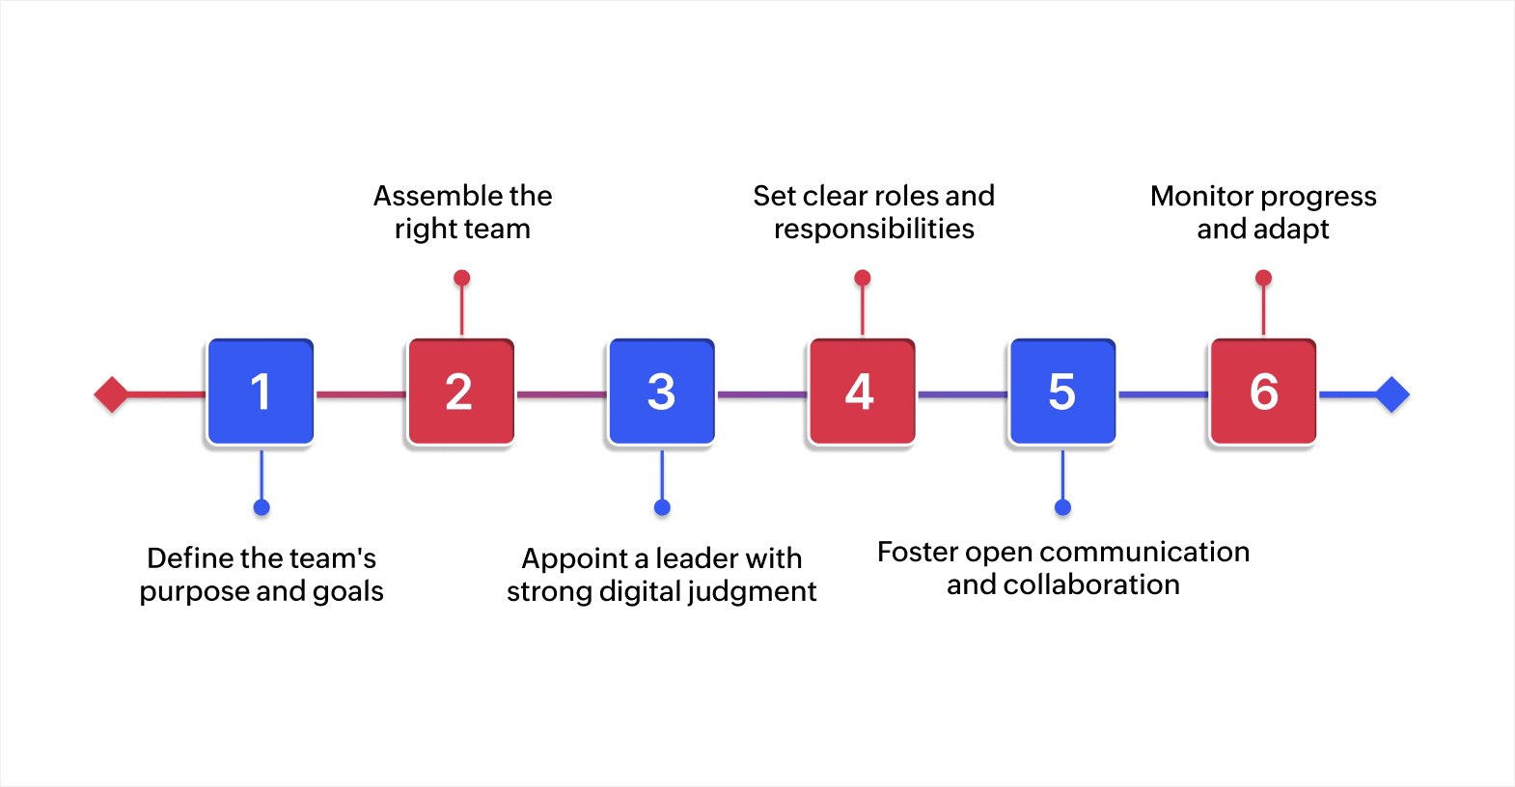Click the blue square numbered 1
click(261, 392)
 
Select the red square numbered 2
click(460, 392)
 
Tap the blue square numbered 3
click(661, 392)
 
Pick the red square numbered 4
click(862, 392)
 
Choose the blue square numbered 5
click(1062, 392)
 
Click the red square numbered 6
click(1263, 392)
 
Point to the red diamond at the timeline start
click(112, 394)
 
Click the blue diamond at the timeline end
click(1392, 394)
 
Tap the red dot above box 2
click(462, 278)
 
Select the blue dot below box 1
click(262, 507)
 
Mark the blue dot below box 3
click(662, 507)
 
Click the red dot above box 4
click(863, 278)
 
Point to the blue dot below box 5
click(1062, 507)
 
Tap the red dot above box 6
click(1263, 278)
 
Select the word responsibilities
click(874, 230)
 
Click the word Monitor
click(1201, 196)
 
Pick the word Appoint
click(575, 559)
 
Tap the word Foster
click(918, 552)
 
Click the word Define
click(190, 557)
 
